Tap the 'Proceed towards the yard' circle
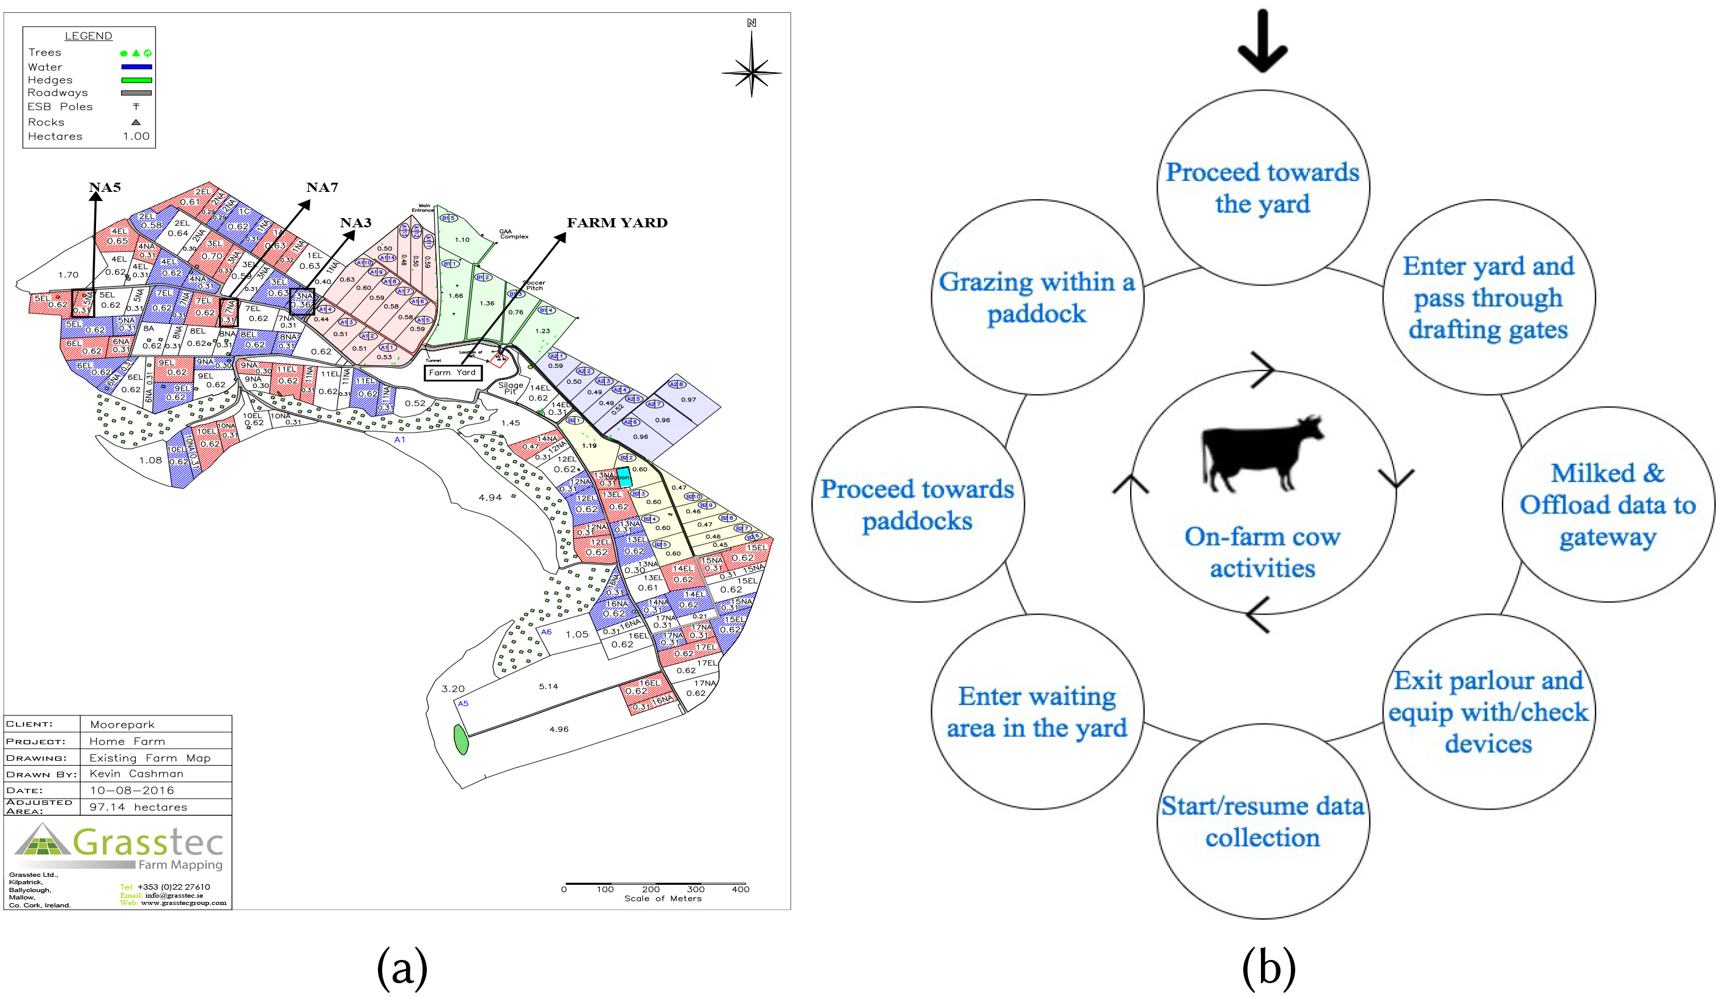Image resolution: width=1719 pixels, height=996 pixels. point(1263,188)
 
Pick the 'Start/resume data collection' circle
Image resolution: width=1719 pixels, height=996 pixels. point(1263,821)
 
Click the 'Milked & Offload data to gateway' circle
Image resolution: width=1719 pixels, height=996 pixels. point(1608,505)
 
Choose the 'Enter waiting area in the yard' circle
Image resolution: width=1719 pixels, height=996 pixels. point(1037,712)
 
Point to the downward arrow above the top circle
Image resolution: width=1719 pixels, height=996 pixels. point(1263,41)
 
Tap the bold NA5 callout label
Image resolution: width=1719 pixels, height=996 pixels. point(105,188)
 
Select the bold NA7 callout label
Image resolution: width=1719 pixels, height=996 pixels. point(322,188)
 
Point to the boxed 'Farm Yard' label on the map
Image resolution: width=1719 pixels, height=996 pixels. point(453,373)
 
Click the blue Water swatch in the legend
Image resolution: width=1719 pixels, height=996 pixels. point(136,67)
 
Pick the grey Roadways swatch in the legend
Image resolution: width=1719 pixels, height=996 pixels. point(136,93)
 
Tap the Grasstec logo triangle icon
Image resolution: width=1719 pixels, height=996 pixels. point(42,840)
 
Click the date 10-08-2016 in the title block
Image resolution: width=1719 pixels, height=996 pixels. point(131,790)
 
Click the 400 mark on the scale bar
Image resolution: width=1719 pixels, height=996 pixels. point(740,889)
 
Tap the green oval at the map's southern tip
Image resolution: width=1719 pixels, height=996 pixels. point(461,740)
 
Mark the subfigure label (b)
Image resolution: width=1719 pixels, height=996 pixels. point(1268,968)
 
